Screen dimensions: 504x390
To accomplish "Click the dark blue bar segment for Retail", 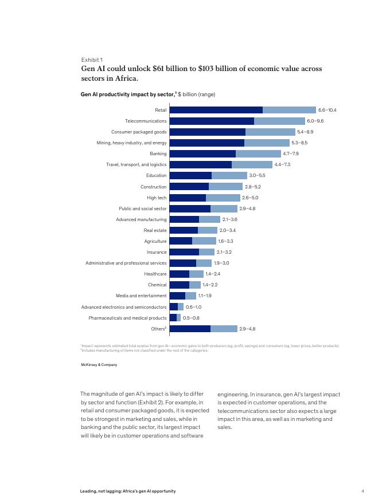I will pos(216,110).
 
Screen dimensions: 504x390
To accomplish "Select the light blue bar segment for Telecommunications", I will pos(279,121).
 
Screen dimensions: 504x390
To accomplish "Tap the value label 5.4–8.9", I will pos(305,132).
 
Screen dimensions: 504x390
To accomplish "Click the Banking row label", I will pos(158,153).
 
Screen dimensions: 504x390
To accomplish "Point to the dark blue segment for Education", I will pos(190,175).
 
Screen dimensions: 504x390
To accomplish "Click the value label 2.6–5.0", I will pos(250,198).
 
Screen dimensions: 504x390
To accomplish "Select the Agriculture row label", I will pos(155,241).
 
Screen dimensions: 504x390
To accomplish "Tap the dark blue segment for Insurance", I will pos(184,252).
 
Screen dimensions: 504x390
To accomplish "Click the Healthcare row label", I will pos(155,274).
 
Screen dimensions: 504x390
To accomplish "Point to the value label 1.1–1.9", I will pos(205,296).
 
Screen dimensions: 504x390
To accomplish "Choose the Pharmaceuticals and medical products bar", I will pos(175,318).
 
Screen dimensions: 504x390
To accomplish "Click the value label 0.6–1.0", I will pos(193,307).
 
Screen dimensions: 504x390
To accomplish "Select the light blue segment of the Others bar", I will pos(224,329).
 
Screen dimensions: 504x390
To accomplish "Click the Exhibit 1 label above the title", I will pos(92,60).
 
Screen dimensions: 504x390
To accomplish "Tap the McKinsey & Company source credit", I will pos(99,365).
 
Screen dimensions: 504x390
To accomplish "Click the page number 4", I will pos(363,491).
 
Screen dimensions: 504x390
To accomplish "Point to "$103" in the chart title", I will pos(208,69).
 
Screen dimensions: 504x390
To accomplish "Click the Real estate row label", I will pos(155,230).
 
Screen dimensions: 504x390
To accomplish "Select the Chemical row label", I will pos(157,285).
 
